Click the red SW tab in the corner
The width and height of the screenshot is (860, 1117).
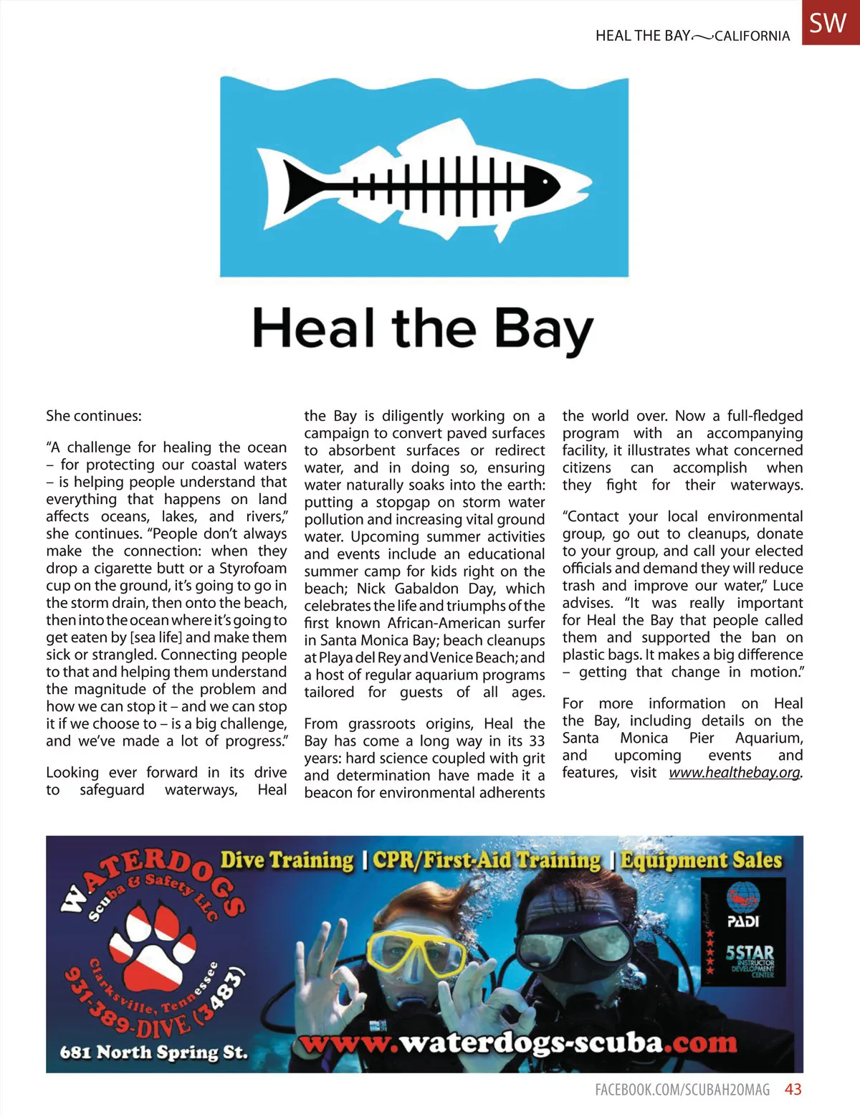click(830, 22)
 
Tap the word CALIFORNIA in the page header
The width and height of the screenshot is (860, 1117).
click(752, 36)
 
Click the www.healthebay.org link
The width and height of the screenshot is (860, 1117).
click(735, 773)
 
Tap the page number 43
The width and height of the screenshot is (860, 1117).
click(793, 1090)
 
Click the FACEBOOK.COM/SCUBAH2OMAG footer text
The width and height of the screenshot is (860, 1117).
click(682, 1090)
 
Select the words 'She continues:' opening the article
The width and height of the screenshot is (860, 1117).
click(94, 416)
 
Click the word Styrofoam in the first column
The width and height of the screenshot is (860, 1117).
click(253, 569)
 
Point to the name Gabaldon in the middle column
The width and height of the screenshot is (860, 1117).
click(426, 589)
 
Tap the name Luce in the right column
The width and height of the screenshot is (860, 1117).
click(788, 586)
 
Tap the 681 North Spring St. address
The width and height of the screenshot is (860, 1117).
click(153, 1052)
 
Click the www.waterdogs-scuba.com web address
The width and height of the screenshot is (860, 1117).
click(518, 1043)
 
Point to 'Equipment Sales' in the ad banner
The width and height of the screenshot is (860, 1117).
click(701, 860)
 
